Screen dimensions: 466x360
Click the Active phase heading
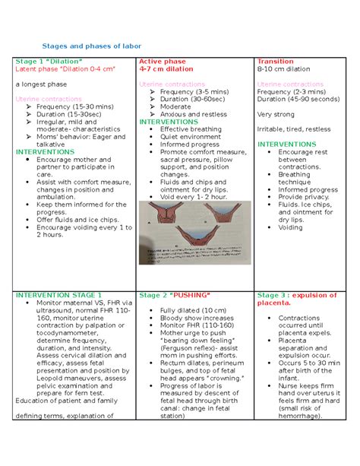[x=163, y=60]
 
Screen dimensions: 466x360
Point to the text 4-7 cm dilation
[x=166, y=68]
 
